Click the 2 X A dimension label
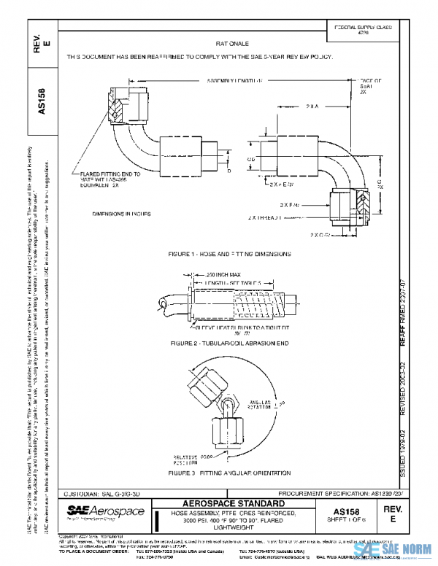point(312,106)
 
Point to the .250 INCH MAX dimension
point(201,274)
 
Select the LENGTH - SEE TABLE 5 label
point(234,282)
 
